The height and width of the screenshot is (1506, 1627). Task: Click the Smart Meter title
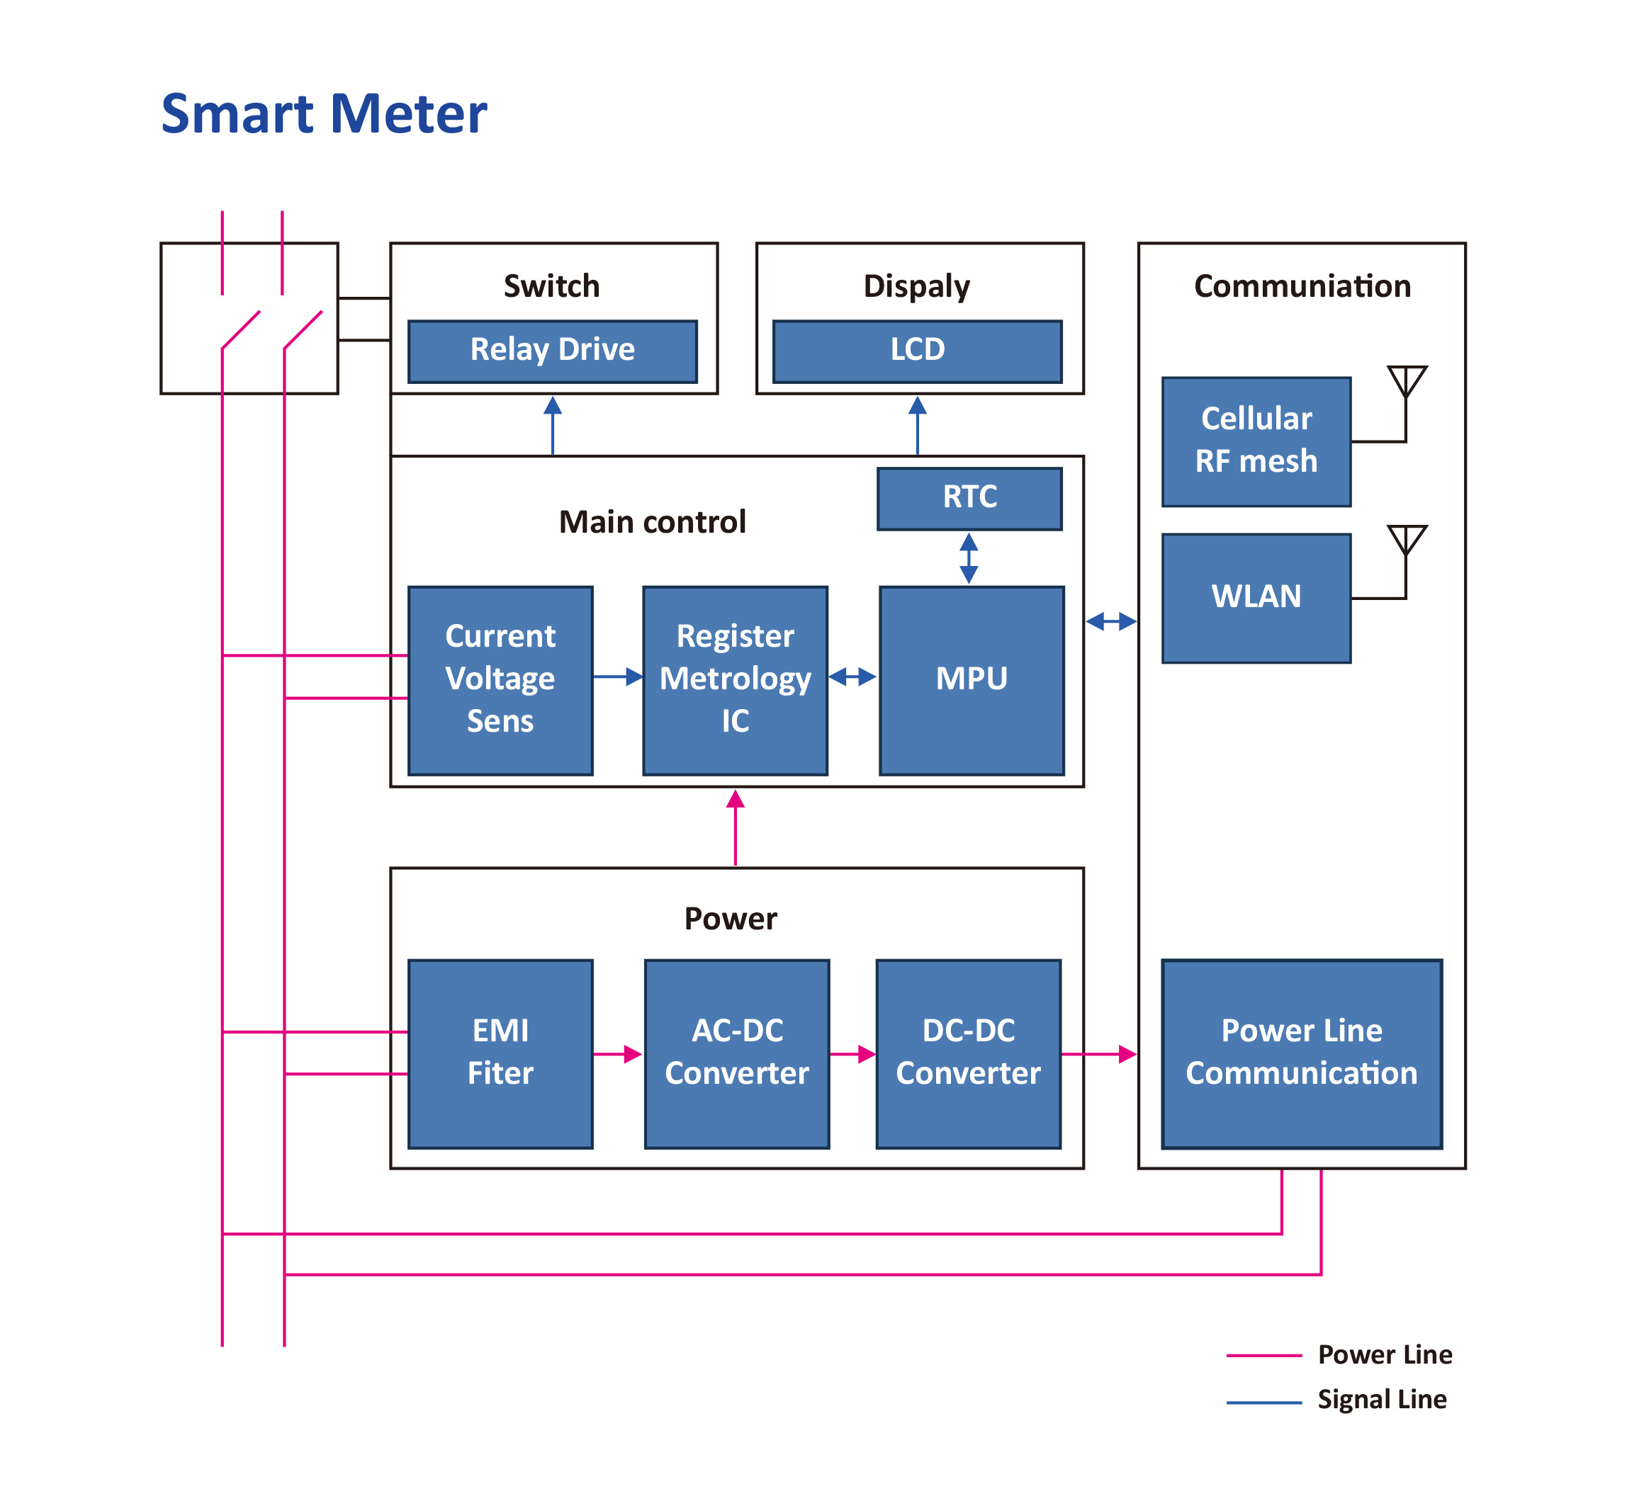pyautogui.click(x=324, y=113)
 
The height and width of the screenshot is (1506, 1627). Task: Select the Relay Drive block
pyautogui.click(x=552, y=351)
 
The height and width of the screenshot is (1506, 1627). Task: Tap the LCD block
pyautogui.click(x=916, y=351)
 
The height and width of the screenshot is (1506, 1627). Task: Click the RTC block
pyautogui.click(x=969, y=498)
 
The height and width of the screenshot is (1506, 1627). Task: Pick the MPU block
pyautogui.click(x=971, y=679)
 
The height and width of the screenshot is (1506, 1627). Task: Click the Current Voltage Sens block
pyautogui.click(x=500, y=679)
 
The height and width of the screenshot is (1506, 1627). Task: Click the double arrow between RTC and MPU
pyautogui.click(x=969, y=558)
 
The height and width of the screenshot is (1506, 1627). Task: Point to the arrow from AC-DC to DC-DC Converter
pyautogui.click(x=852, y=1054)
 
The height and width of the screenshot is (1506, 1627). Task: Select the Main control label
pyautogui.click(x=652, y=522)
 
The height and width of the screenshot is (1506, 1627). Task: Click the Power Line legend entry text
pyautogui.click(x=1384, y=1354)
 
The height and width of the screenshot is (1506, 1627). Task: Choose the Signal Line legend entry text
pyautogui.click(x=1382, y=1399)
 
